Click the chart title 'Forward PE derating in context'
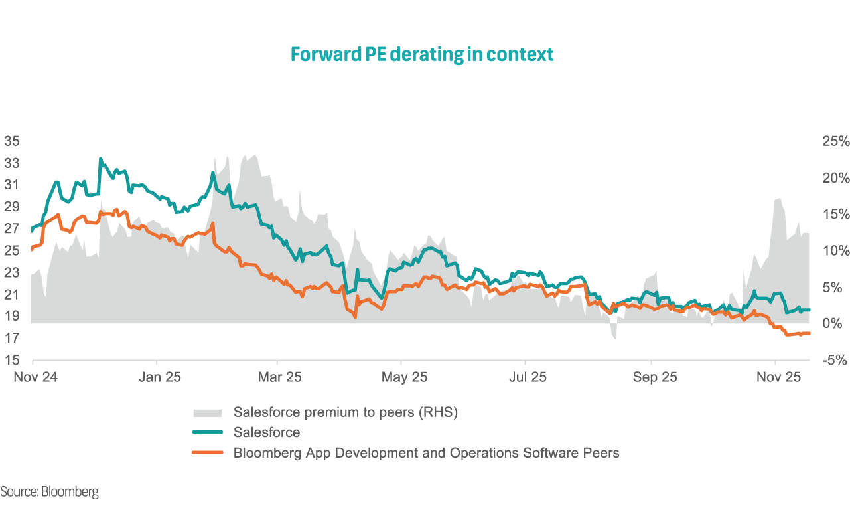tap(422, 54)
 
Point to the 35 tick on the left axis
tap(12, 141)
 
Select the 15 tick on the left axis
tap(12, 361)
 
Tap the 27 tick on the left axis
tap(12, 229)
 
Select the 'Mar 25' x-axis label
tap(280, 377)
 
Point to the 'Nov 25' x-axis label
tap(780, 377)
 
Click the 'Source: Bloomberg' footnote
tap(50, 492)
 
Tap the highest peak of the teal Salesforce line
tap(100, 159)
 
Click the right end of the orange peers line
tap(809, 333)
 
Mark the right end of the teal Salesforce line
tap(809, 310)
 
